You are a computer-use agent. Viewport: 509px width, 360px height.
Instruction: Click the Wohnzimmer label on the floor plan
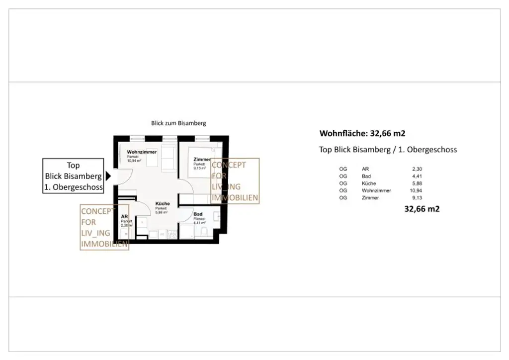(142, 152)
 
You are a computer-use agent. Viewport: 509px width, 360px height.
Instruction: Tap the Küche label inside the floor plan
(163, 203)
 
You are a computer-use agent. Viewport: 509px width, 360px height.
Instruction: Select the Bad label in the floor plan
(198, 214)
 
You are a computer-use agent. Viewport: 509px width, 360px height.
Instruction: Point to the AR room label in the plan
(124, 217)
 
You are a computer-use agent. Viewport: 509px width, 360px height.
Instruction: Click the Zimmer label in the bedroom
(202, 159)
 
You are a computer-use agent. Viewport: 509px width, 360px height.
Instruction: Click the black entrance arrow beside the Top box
(108, 176)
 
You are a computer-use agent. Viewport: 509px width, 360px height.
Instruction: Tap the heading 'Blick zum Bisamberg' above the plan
(178, 123)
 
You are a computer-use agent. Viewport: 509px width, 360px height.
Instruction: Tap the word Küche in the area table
(369, 183)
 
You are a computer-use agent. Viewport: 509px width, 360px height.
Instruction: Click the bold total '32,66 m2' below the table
(422, 209)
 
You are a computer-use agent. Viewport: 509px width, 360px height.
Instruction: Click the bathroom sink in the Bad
(218, 216)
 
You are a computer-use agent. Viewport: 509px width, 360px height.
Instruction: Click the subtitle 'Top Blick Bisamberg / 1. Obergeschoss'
(388, 150)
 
